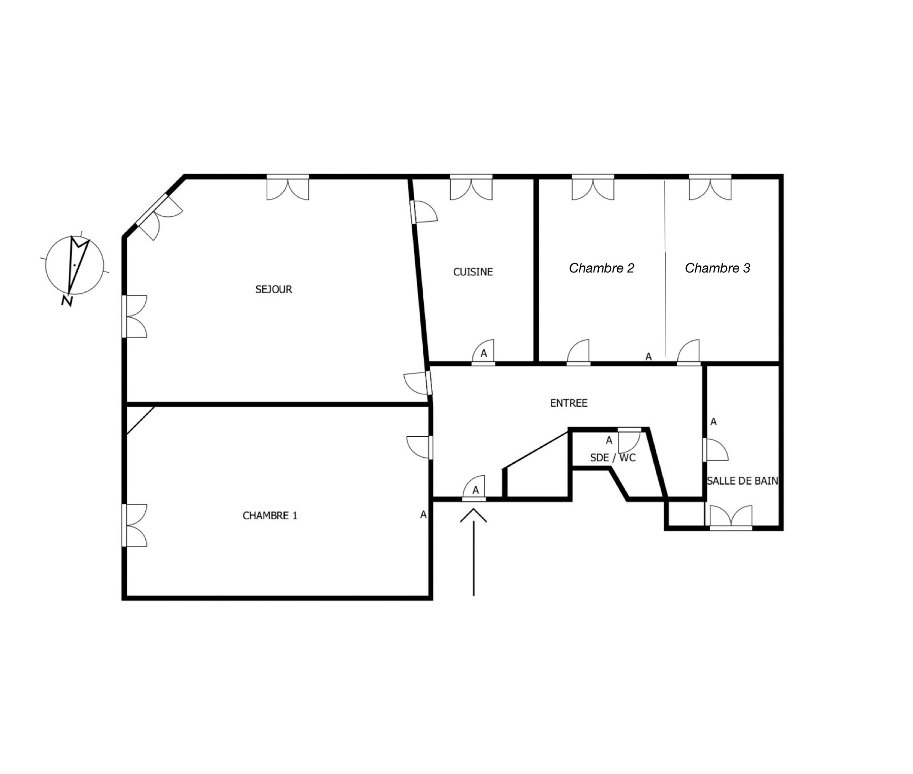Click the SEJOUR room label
(274, 289)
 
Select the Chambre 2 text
(601, 268)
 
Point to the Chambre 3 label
(717, 268)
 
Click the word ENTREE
(569, 403)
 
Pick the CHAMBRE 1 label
(270, 516)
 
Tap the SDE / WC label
(613, 458)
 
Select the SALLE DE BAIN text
(742, 481)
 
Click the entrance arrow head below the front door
(474, 516)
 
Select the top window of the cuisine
(471, 187)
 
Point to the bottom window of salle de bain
(731, 518)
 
